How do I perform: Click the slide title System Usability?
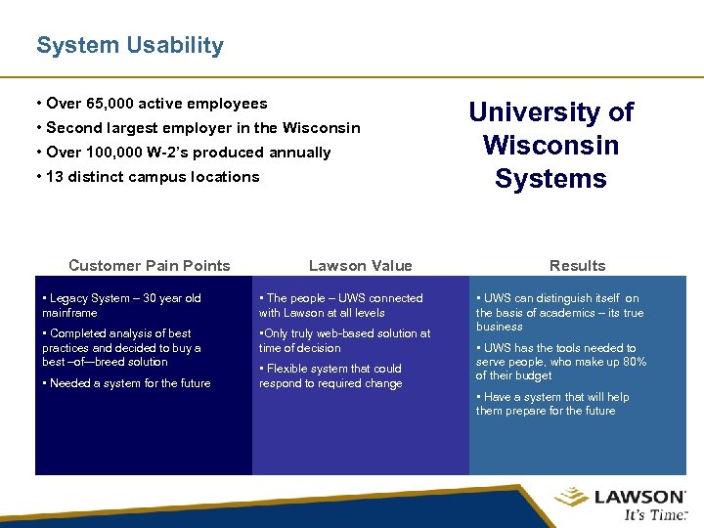(129, 45)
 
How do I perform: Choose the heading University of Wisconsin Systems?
(550, 146)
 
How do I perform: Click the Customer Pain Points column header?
(150, 266)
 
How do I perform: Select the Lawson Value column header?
(360, 266)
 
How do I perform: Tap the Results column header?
(577, 266)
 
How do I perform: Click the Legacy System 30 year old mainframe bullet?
(121, 305)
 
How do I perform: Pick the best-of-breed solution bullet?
(121, 347)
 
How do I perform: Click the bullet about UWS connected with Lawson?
(340, 305)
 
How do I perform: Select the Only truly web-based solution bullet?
(344, 340)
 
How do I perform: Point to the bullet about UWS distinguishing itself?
(559, 312)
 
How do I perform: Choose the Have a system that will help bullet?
(553, 404)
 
